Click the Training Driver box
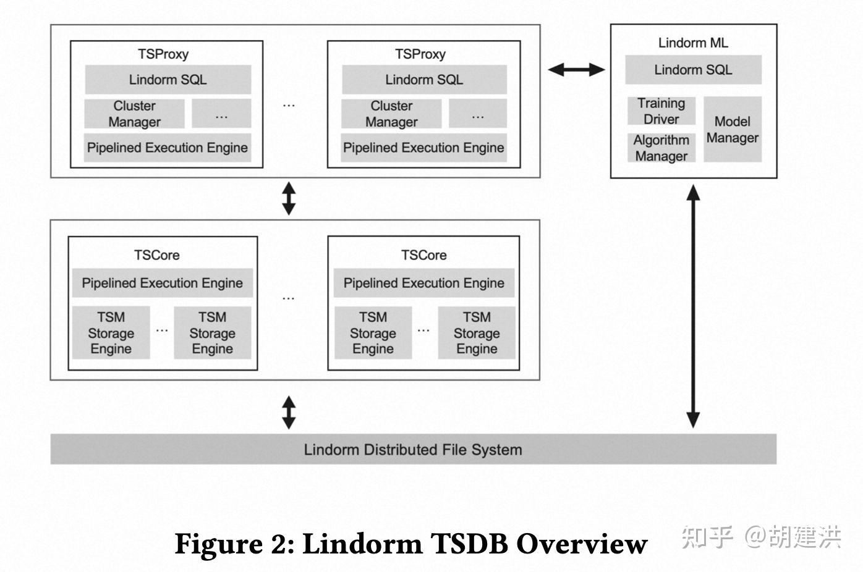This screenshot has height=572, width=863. (x=661, y=111)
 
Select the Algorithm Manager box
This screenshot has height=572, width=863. (x=661, y=148)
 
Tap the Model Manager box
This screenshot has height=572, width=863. (x=732, y=130)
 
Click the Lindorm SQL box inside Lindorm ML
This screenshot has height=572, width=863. (x=693, y=70)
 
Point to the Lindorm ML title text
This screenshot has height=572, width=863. (x=693, y=43)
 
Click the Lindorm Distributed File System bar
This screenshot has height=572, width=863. (x=413, y=449)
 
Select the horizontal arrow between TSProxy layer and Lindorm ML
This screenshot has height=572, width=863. (x=576, y=69)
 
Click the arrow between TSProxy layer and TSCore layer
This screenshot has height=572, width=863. (x=289, y=198)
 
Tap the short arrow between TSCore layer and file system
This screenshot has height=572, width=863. (x=289, y=412)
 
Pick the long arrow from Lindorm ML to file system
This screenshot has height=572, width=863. (x=693, y=306)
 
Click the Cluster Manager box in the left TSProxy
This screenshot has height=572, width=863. (x=134, y=114)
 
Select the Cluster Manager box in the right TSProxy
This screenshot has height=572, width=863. (x=391, y=114)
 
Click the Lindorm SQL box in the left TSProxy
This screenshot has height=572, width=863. (x=168, y=80)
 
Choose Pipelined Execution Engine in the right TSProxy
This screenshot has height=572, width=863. (x=423, y=148)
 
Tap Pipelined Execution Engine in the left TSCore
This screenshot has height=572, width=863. (x=162, y=283)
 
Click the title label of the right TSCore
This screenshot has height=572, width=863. (x=423, y=255)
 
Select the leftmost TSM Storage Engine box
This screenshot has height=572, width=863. (x=111, y=333)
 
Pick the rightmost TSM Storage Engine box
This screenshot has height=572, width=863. (x=477, y=333)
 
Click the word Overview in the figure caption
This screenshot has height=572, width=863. (x=582, y=544)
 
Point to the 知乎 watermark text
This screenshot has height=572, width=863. (x=707, y=537)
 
